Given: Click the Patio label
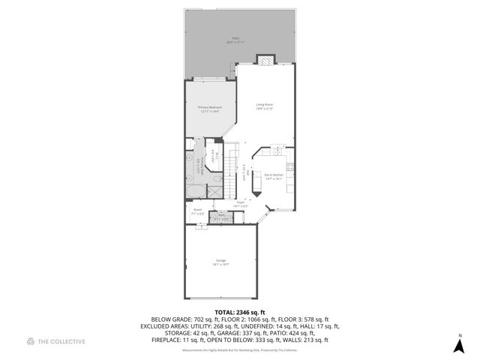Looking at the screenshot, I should (x=235, y=40).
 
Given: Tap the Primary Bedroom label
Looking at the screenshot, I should (x=210, y=109).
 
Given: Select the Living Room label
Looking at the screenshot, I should (x=264, y=106).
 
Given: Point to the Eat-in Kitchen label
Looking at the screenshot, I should (x=273, y=177).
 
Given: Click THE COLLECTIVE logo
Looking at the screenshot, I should (x=56, y=342).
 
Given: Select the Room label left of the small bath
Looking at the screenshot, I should (x=198, y=211).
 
